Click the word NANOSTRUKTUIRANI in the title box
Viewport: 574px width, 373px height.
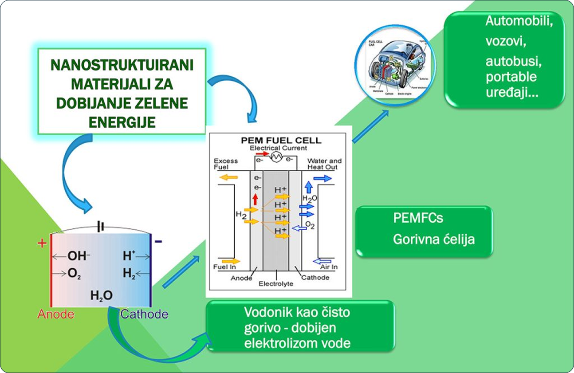tap(122, 65)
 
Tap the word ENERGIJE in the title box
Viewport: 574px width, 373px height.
tap(122, 122)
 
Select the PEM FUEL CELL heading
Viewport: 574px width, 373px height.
tap(281, 141)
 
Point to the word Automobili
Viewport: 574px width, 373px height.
tap(519, 21)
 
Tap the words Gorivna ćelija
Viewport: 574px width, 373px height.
tap(434, 240)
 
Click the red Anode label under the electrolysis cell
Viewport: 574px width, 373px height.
tap(55, 314)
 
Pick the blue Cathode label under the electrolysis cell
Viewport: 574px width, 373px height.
tap(144, 314)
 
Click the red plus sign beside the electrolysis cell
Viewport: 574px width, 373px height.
tap(42, 243)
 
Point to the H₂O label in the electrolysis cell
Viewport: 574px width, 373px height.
tap(101, 295)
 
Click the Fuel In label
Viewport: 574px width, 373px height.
tap(224, 267)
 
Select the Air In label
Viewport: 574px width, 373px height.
tap(329, 267)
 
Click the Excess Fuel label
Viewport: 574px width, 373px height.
tap(226, 164)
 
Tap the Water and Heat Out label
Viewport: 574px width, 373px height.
tap(325, 164)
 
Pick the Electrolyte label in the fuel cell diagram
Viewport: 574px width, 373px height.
tap(276, 283)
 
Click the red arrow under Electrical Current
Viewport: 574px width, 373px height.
tap(263, 153)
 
